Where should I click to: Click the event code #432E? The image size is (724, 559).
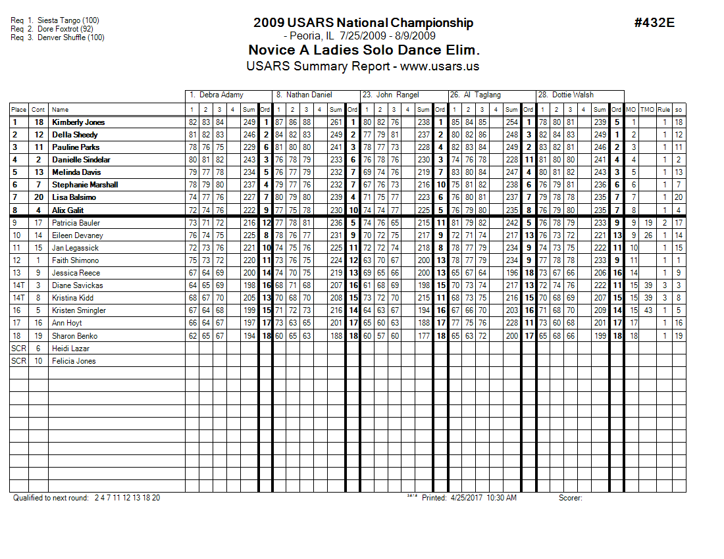point(654,23)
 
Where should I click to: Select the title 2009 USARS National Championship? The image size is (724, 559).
point(363,23)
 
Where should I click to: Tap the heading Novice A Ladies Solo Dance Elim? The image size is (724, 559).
point(363,51)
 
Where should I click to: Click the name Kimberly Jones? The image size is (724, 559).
point(78,122)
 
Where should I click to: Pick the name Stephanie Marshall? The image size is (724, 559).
point(85,185)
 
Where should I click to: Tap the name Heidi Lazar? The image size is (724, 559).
point(70,349)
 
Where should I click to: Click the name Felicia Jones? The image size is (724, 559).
point(74,361)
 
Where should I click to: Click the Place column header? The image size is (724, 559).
point(18,110)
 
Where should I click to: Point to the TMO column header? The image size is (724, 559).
point(648,110)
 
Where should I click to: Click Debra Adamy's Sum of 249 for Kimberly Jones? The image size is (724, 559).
point(249,122)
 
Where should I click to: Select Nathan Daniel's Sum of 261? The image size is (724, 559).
point(336,122)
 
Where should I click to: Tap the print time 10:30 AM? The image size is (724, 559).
point(502,498)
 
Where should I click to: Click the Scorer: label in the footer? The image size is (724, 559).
point(571,498)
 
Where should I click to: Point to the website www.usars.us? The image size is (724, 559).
point(439,66)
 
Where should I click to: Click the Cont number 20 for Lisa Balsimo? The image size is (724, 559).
point(38,197)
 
